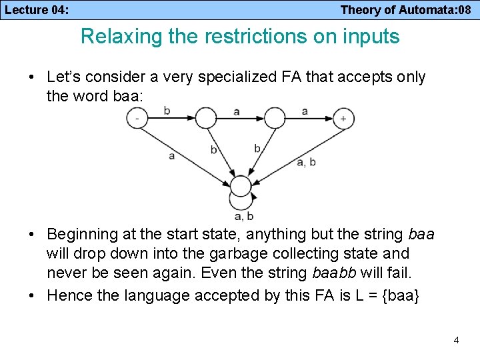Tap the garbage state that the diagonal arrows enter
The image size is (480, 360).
tap(240, 186)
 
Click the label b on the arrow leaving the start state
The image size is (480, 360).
tap(167, 111)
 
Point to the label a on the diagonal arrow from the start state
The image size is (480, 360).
tap(172, 155)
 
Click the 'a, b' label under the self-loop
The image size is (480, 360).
tap(243, 215)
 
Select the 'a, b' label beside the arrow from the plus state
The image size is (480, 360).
tap(305, 162)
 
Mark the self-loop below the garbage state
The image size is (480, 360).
tap(241, 200)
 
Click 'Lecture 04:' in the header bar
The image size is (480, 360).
tap(37, 10)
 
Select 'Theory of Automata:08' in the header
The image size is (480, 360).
tap(406, 10)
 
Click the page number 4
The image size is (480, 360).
tap(456, 340)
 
